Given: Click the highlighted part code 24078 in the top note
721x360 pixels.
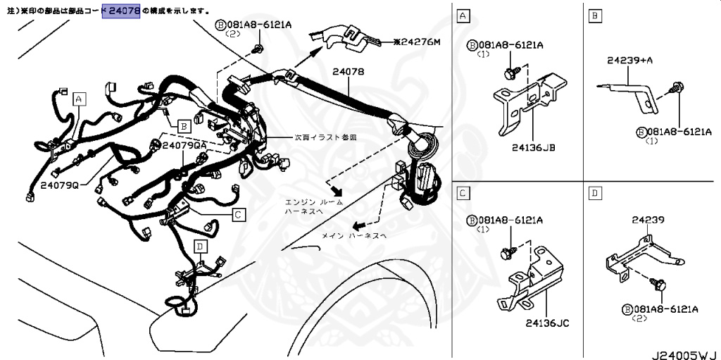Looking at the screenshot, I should click(x=121, y=11).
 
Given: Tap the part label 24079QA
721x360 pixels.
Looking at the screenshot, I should click(x=184, y=144).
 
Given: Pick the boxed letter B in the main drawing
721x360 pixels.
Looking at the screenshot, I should click(x=182, y=126).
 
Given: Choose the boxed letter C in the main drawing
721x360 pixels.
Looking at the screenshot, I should click(x=239, y=214).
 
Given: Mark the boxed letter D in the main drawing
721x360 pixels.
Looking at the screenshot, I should click(x=201, y=247).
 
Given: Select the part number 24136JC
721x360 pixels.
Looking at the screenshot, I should click(x=546, y=323).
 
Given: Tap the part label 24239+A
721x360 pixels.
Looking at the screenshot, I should click(x=629, y=61).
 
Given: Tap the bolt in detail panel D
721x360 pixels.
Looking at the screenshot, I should click(x=661, y=285).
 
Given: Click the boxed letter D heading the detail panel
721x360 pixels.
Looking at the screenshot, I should click(x=595, y=192).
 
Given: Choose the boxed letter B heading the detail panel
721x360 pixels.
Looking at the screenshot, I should click(x=595, y=15).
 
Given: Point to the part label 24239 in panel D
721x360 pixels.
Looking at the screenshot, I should click(x=648, y=220).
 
